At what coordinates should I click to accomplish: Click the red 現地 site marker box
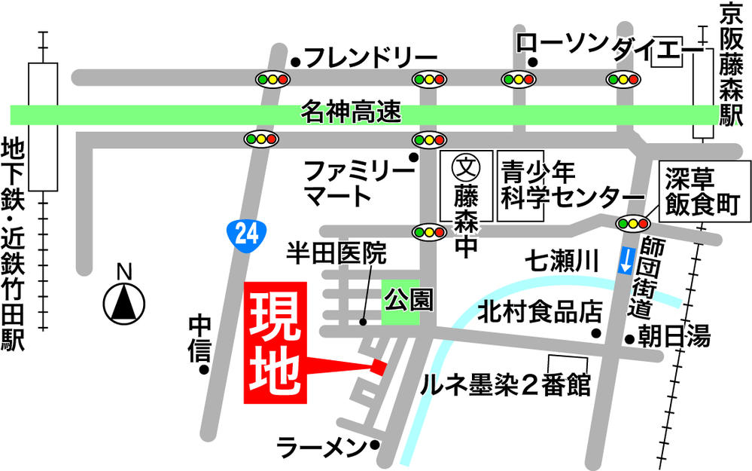[276, 343]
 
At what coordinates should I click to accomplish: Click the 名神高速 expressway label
[351, 113]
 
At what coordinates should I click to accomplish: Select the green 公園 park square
[400, 301]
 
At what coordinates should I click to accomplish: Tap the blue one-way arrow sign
[626, 261]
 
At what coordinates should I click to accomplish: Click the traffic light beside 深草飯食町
[632, 223]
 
